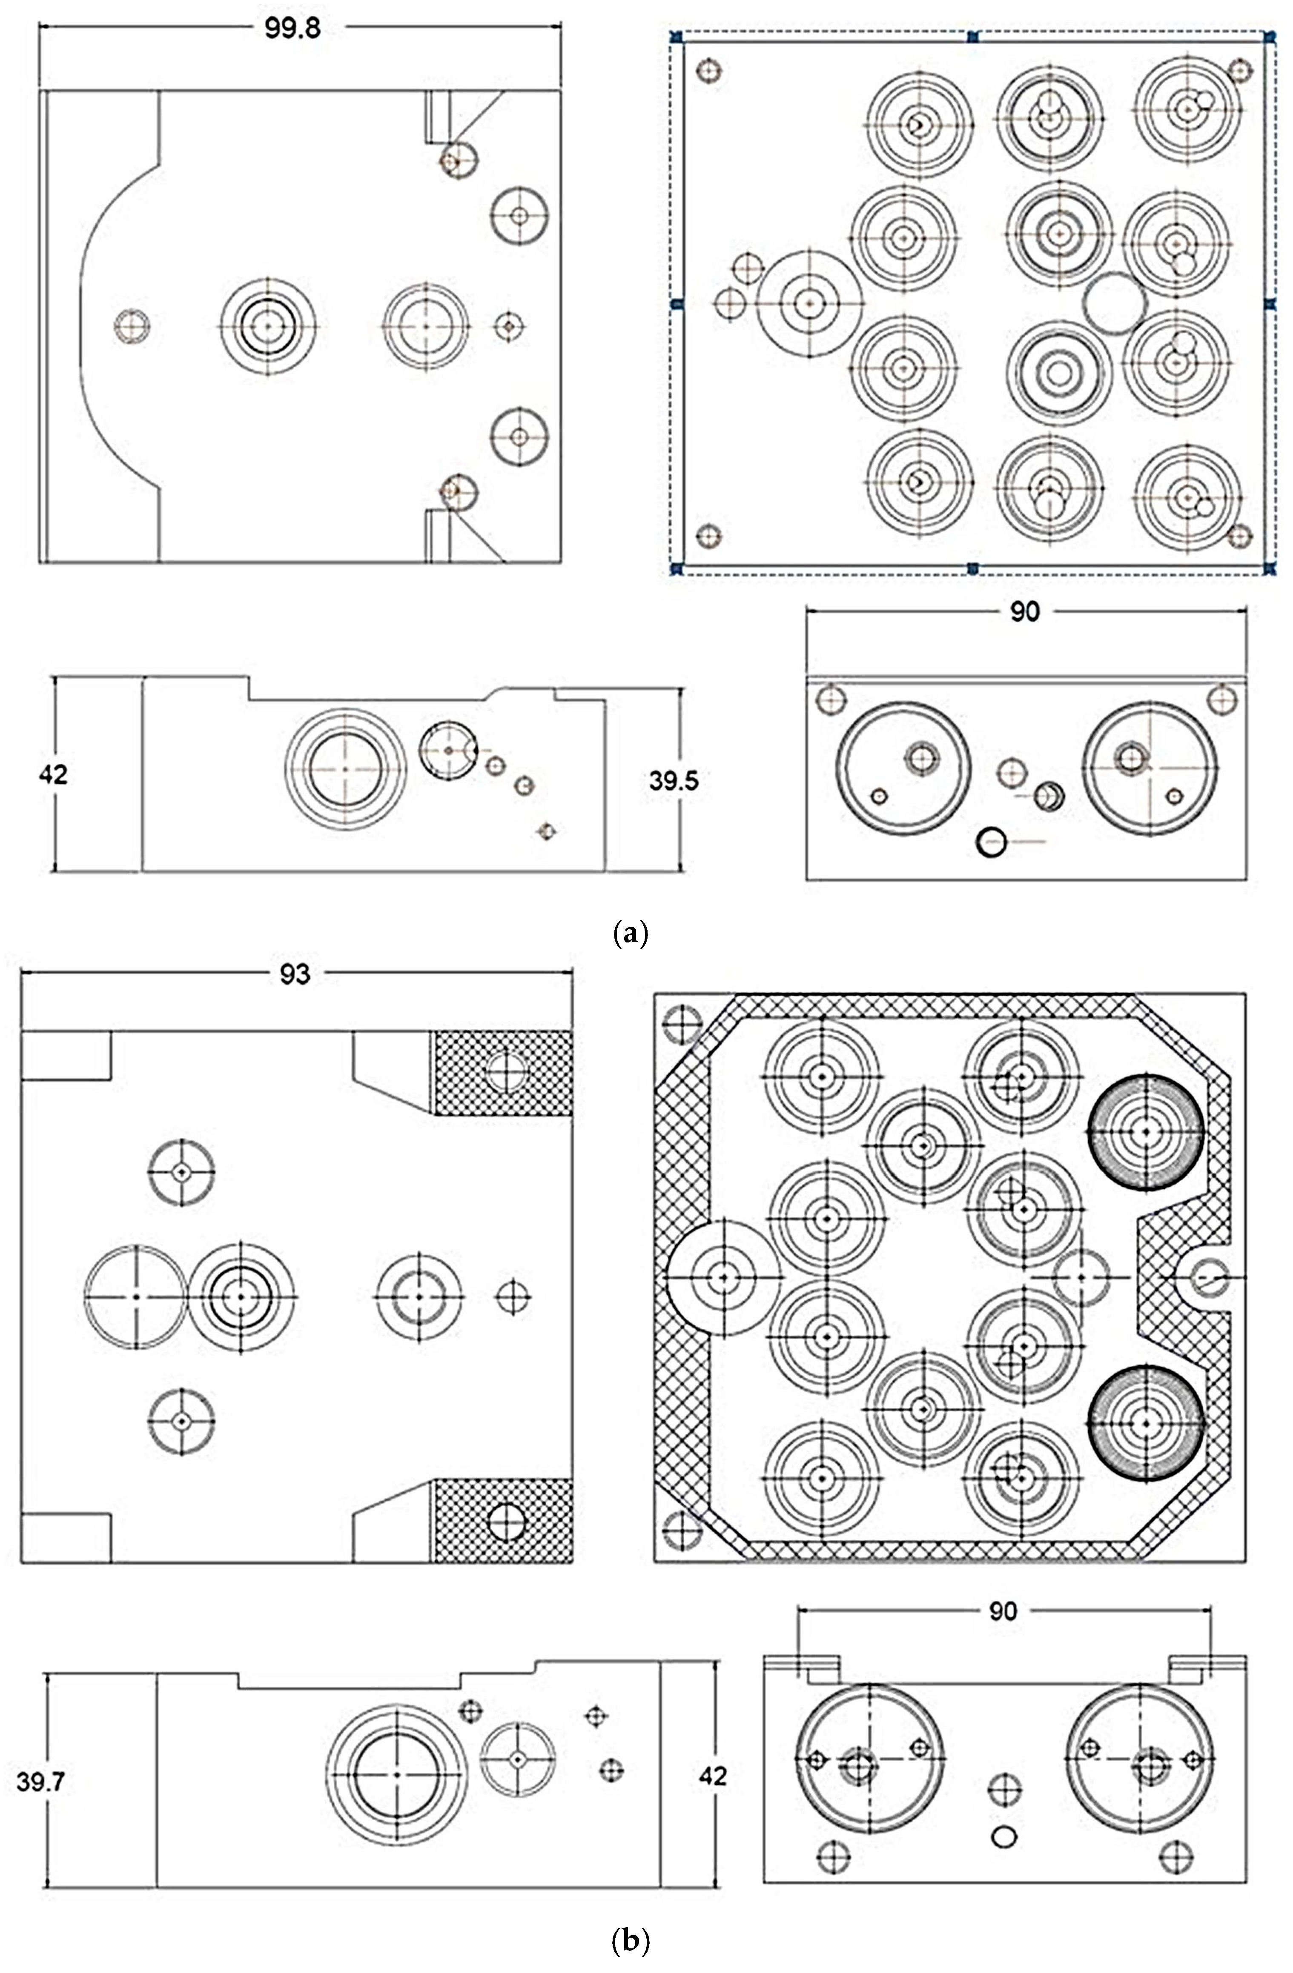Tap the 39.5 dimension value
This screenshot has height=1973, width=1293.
tap(674, 781)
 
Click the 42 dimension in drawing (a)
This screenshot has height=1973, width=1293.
tap(53, 774)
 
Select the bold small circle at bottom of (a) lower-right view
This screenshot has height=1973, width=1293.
tap(992, 843)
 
